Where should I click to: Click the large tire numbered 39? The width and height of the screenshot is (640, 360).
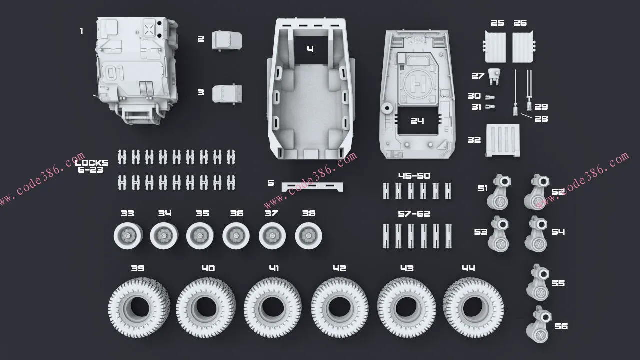pos(138,305)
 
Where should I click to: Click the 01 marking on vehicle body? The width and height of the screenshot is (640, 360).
pos(115,73)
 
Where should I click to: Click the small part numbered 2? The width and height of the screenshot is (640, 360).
pos(227,41)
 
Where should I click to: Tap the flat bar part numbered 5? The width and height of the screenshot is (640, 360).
pos(312,186)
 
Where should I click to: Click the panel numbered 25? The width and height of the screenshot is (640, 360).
pos(495,47)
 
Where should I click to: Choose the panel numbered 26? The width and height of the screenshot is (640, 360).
pos(523,47)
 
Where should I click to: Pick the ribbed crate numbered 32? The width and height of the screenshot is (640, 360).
pos(502,140)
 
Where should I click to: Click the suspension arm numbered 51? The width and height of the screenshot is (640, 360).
pos(498,192)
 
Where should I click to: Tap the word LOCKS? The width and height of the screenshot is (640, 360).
pos(92,163)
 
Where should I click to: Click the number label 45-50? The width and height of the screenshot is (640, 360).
pos(414,176)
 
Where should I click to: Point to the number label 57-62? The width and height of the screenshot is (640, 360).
pos(414,214)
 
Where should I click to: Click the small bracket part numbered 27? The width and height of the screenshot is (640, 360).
pos(495,76)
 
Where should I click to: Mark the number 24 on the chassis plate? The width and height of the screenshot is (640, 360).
pos(417,121)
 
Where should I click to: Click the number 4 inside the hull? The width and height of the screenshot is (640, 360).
pos(310,49)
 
